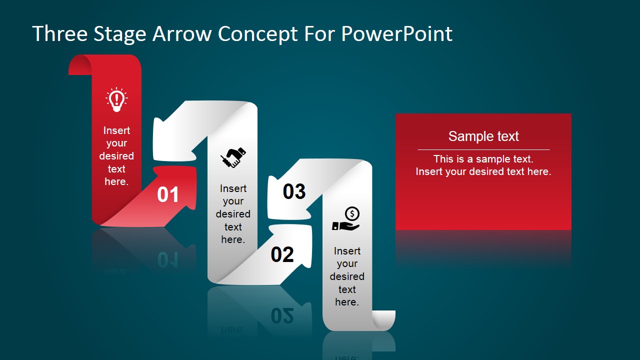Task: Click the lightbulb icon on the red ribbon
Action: coord(116,99)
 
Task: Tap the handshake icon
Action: coord(233,157)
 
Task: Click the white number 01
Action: coord(168,195)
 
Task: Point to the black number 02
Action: coord(282,255)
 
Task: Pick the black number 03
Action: coord(294,191)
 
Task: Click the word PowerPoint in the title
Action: coord(396,34)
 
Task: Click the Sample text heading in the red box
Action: coord(483,136)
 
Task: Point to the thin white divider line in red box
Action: coord(483,149)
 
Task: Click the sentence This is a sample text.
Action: coord(483,159)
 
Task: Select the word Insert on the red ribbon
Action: coord(116,130)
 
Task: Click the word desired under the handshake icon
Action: coord(233,214)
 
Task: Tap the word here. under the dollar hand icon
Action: coord(347,302)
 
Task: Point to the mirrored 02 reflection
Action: coord(282,315)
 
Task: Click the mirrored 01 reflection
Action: coord(168,259)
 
